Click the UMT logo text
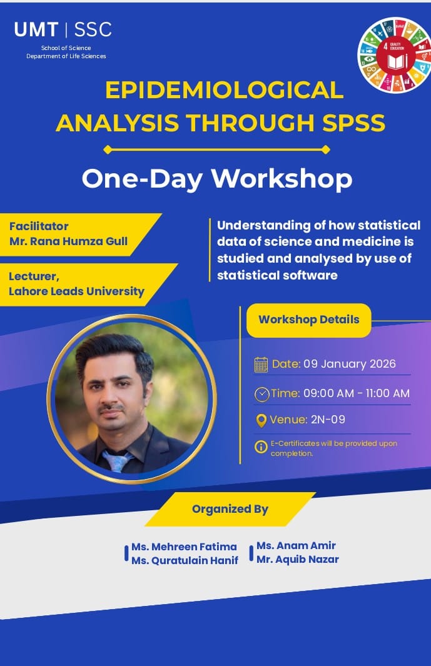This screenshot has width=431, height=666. click(36, 30)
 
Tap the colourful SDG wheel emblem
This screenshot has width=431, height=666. click(395, 55)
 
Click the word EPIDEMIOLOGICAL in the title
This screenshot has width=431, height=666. click(224, 89)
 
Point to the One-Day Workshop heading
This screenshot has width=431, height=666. click(217, 178)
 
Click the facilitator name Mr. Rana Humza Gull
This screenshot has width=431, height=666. click(68, 241)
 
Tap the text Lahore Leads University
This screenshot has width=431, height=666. click(76, 291)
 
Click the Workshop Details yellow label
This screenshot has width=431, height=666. click(309, 320)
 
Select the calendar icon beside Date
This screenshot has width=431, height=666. click(261, 365)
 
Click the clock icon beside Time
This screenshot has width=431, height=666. click(262, 394)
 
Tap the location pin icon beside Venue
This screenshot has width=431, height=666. click(261, 420)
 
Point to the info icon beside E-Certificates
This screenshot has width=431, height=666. click(261, 447)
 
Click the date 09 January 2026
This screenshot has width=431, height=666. click(350, 364)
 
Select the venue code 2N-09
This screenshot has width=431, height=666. click(328, 420)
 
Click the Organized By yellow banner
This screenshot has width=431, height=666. click(230, 509)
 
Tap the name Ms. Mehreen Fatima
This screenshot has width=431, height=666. click(184, 547)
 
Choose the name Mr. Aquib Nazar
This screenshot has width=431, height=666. click(298, 560)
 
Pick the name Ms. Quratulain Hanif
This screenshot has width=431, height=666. click(185, 561)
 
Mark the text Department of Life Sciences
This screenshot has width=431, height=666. click(66, 56)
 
